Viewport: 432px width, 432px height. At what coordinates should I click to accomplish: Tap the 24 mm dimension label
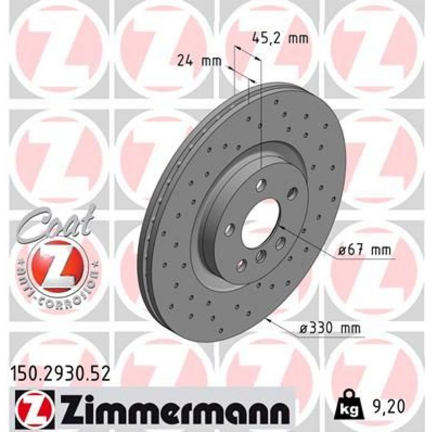199,61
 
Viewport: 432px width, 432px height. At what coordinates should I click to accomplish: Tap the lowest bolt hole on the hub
241,264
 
